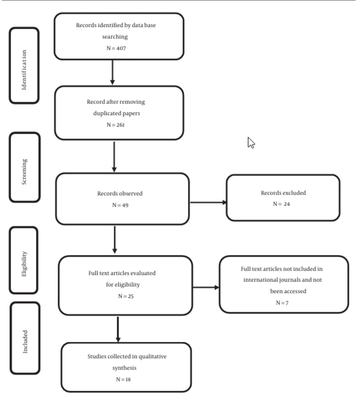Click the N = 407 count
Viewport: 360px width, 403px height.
pyautogui.click(x=116, y=48)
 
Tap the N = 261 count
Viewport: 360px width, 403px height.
pyautogui.click(x=116, y=125)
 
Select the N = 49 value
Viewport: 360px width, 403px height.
pyautogui.click(x=120, y=205)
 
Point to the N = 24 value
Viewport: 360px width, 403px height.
pyautogui.click(x=282, y=204)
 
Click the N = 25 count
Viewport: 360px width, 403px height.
pyautogui.click(x=126, y=296)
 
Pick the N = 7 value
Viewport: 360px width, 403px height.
pyautogui.click(x=282, y=303)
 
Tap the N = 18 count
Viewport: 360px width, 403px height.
pyautogui.click(x=123, y=379)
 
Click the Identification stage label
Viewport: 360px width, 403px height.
pyautogui.click(x=24, y=70)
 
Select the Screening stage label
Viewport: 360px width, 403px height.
pyautogui.click(x=24, y=172)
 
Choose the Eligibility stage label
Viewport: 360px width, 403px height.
pyautogui.click(x=24, y=264)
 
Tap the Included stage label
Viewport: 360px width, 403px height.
pyautogui.click(x=25, y=341)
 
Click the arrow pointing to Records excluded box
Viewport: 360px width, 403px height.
pyautogui.click(x=208, y=202)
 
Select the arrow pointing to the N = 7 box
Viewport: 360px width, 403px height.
pyautogui.click(x=206, y=287)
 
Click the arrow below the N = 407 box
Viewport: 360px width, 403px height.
pyautogui.click(x=112, y=72)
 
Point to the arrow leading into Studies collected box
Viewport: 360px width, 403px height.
pyautogui.click(x=118, y=330)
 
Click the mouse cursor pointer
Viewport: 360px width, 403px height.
pyautogui.click(x=251, y=143)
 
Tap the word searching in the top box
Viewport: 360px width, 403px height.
pyautogui.click(x=115, y=37)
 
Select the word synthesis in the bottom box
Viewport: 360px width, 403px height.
pyautogui.click(x=124, y=368)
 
